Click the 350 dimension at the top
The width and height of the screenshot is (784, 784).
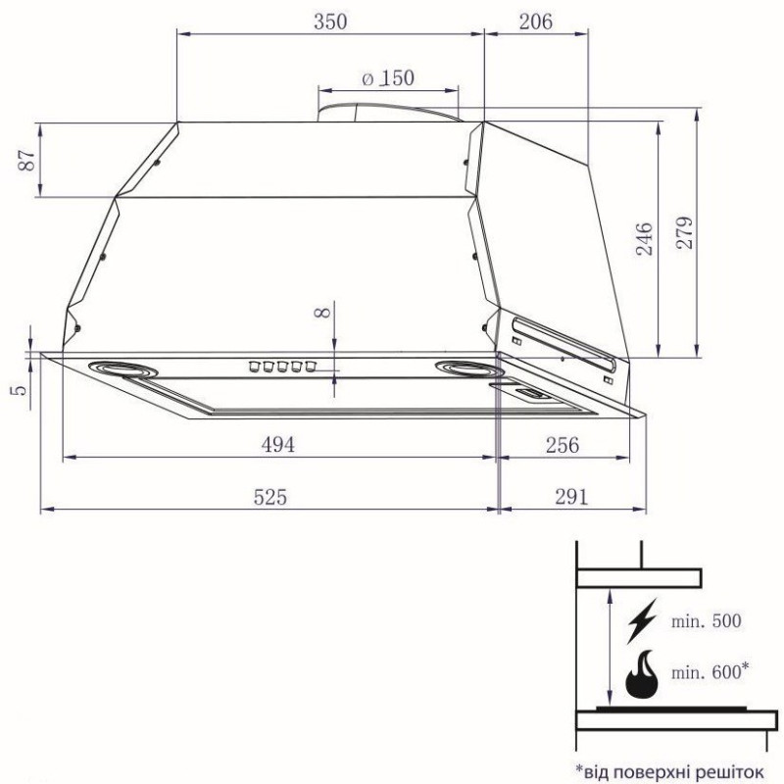click(x=329, y=21)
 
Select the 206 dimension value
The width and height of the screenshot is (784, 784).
click(x=535, y=21)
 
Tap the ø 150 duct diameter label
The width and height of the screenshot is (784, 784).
click(x=388, y=79)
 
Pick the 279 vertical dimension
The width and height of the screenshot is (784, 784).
click(x=683, y=232)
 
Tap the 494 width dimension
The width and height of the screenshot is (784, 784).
click(x=277, y=444)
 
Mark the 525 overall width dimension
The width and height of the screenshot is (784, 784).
click(x=269, y=497)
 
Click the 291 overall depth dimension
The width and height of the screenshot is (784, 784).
click(x=570, y=497)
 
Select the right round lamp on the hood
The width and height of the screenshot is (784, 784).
click(x=467, y=368)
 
